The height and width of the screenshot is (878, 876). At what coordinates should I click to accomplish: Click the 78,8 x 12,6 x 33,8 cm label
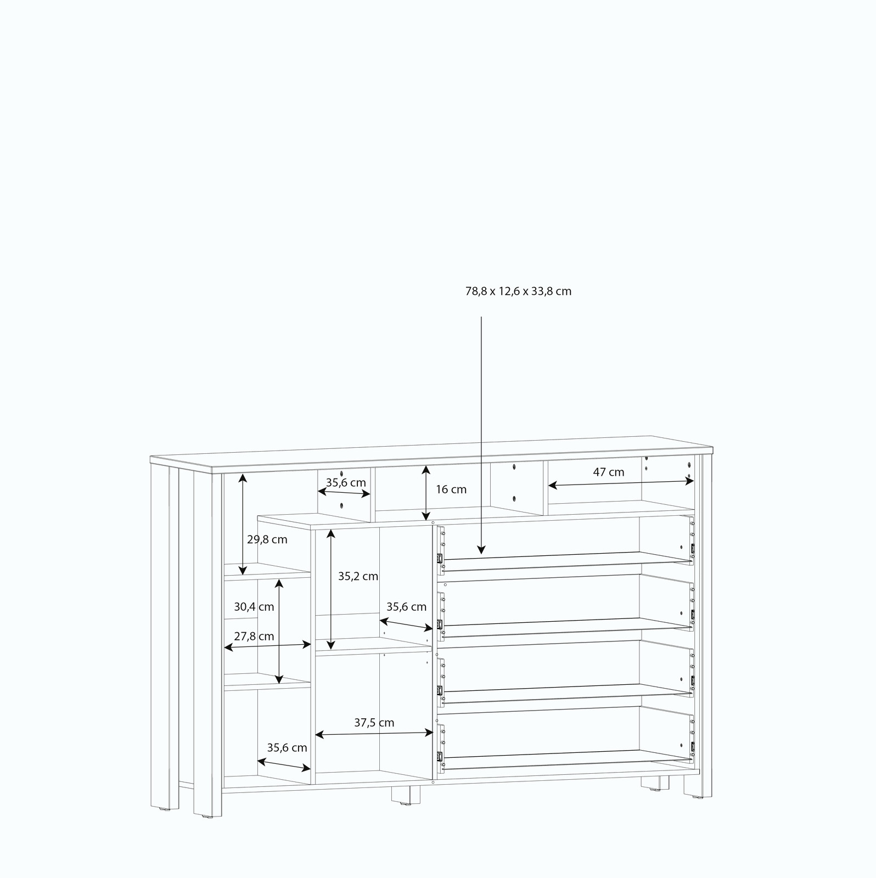[518, 291]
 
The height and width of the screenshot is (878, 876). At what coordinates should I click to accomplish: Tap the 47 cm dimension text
[609, 472]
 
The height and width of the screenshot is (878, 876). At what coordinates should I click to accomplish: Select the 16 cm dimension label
[451, 489]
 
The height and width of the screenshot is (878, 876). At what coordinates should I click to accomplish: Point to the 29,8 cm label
[267, 539]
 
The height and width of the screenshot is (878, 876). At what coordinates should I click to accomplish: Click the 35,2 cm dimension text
[358, 576]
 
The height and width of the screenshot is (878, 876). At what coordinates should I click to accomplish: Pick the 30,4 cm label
[254, 607]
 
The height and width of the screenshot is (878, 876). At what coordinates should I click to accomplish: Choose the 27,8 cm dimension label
[254, 637]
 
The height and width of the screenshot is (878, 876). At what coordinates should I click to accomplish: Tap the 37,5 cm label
[374, 723]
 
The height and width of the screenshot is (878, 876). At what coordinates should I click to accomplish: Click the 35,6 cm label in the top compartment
[346, 483]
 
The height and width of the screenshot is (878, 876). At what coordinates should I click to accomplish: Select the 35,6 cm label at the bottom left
[287, 747]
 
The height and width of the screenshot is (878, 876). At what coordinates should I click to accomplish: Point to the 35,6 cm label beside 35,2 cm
[406, 607]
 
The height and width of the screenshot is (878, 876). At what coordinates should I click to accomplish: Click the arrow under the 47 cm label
[621, 483]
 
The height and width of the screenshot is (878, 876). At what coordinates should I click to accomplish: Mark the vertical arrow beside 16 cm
[425, 493]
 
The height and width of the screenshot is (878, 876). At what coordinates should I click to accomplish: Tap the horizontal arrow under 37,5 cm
[374, 734]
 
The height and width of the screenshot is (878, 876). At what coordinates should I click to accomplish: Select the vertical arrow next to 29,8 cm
[243, 524]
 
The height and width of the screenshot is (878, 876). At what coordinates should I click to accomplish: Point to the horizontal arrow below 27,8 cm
[267, 646]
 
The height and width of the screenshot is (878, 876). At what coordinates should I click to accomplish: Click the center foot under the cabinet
[406, 795]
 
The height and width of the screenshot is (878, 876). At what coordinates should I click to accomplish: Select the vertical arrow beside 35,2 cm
[330, 589]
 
